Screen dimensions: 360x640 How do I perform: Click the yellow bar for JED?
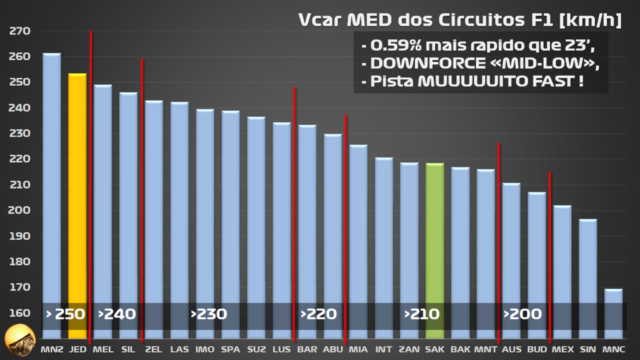(x=77, y=206)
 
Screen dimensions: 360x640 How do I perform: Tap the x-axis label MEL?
(x=102, y=349)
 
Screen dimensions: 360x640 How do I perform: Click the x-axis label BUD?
(x=537, y=349)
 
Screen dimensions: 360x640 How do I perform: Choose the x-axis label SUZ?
(x=256, y=349)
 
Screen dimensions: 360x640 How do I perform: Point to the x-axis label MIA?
(x=358, y=349)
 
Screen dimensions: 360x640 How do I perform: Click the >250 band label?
(x=66, y=314)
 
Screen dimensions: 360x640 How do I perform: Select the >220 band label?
(x=319, y=314)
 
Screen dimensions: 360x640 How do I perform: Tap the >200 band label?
(x=522, y=314)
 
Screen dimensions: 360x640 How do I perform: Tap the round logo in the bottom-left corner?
(x=18, y=341)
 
